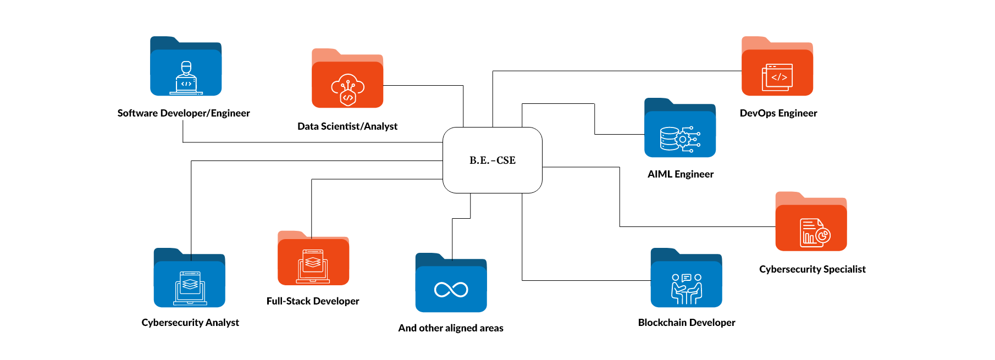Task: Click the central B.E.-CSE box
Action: click(493, 160)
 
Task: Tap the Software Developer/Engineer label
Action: click(184, 113)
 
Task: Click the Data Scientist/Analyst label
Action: click(347, 126)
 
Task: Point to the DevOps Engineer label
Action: click(778, 113)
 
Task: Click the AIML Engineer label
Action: click(681, 174)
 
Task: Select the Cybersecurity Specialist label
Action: click(812, 269)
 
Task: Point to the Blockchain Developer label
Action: click(687, 323)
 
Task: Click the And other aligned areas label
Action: click(451, 328)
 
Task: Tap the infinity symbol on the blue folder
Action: click(451, 290)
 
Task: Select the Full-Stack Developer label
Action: click(313, 301)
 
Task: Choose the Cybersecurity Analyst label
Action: click(190, 323)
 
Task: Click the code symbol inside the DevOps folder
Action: click(780, 77)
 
